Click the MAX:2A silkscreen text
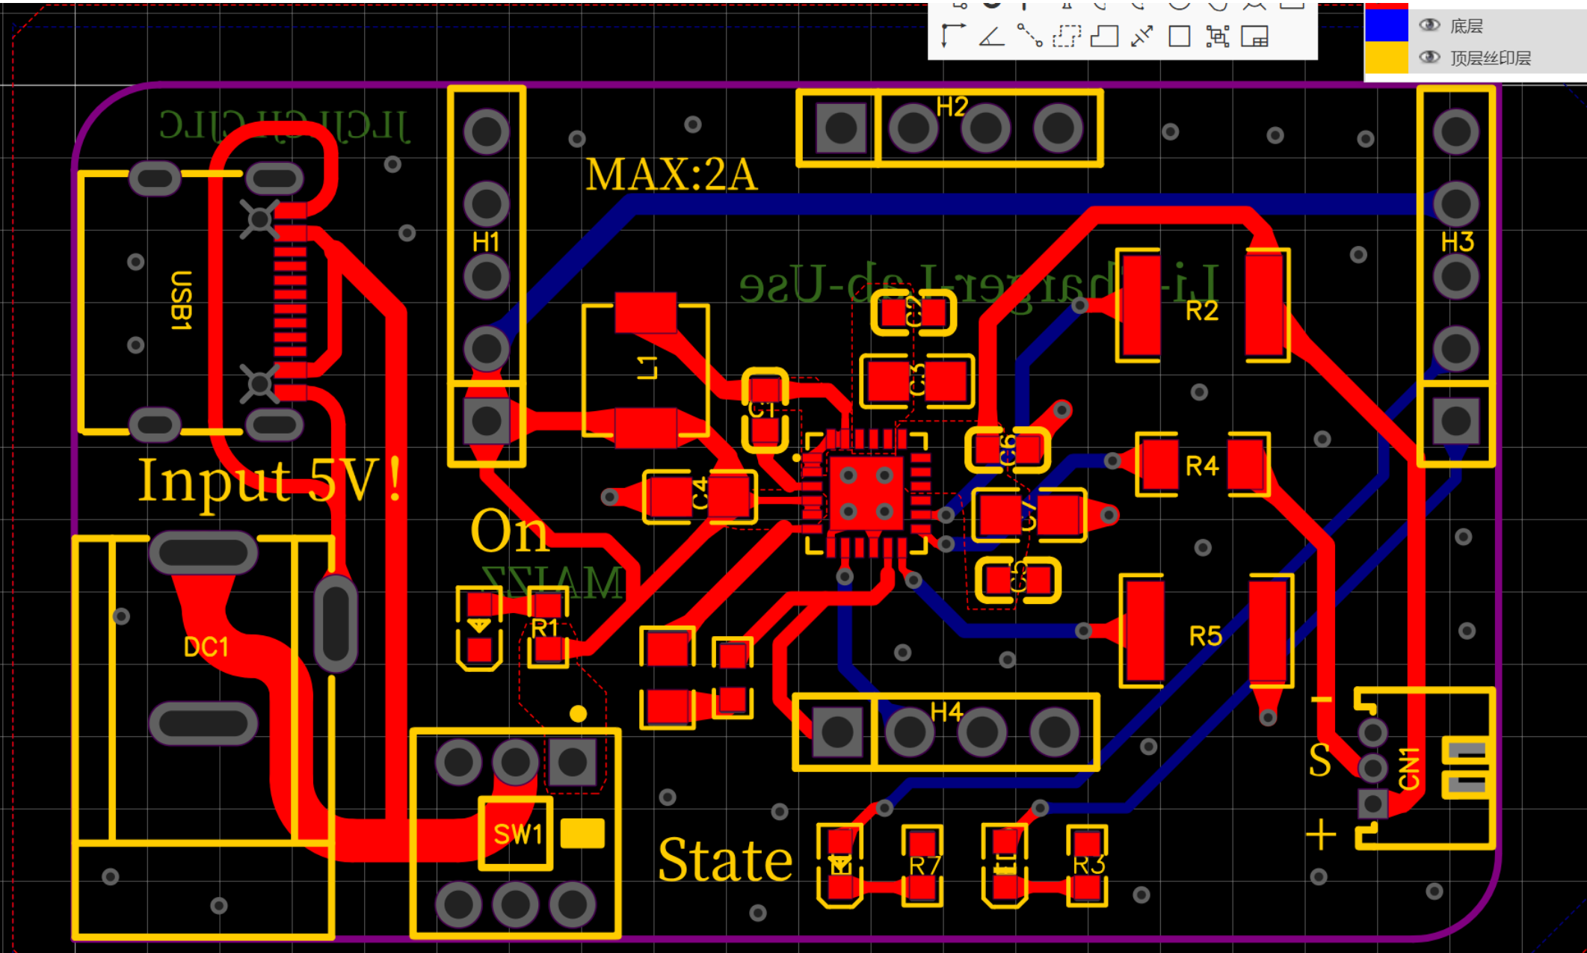671,175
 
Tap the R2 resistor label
1202,311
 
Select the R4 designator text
1202,466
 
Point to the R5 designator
1205,637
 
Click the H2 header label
952,108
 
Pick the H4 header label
946,712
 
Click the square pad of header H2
841,128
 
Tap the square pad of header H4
837,732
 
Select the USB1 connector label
181,300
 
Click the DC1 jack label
206,647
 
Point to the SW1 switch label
517,834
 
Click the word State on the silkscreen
725,861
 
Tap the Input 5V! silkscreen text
269,480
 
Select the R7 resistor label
925,866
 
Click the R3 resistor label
1088,865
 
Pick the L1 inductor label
647,367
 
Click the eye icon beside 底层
1429,25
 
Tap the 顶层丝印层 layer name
1491,58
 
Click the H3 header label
1457,242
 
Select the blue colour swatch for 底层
1387,25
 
